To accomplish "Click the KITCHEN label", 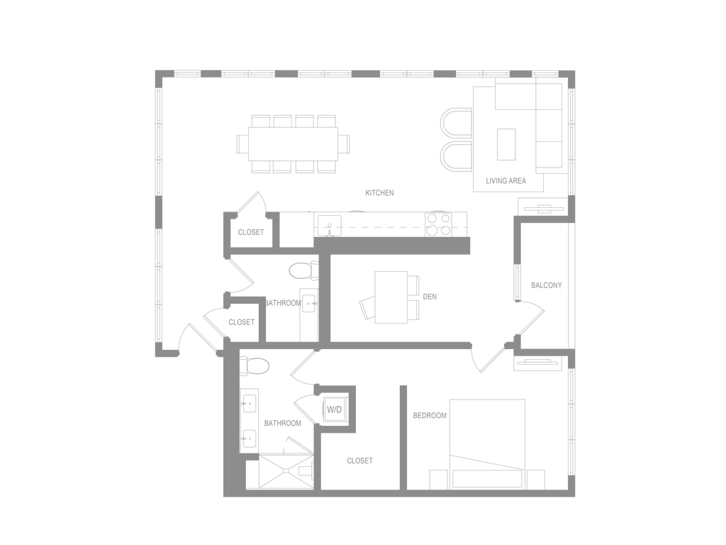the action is coord(380,193).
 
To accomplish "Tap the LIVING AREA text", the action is coord(506,181).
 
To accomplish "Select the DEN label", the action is coord(430,297).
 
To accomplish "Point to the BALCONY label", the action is coord(547,285).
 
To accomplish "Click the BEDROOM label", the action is coord(430,416).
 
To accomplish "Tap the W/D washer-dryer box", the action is coord(335,409).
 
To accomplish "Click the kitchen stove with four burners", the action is coord(438,224).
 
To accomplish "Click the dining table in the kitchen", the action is coord(293,144).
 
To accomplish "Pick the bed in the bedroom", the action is coord(487,444).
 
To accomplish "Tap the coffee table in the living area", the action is coord(506,144).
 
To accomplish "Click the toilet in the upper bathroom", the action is coord(303,270).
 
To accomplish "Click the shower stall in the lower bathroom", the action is coord(286,472).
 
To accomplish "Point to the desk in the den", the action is coord(391,297).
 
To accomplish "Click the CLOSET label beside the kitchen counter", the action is coord(251,232).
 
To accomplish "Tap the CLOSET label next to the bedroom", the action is coord(359,461).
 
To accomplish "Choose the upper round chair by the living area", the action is coord(456,123).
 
